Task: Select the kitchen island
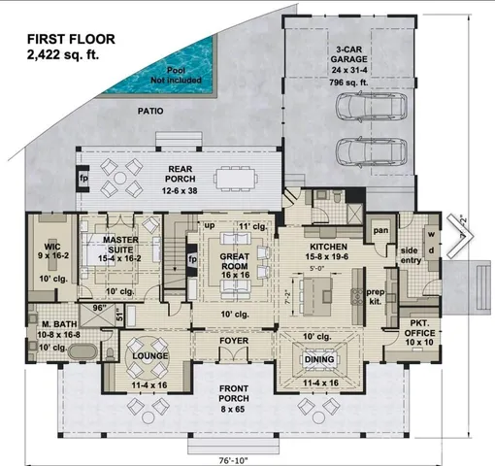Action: pyautogui.click(x=320, y=288)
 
